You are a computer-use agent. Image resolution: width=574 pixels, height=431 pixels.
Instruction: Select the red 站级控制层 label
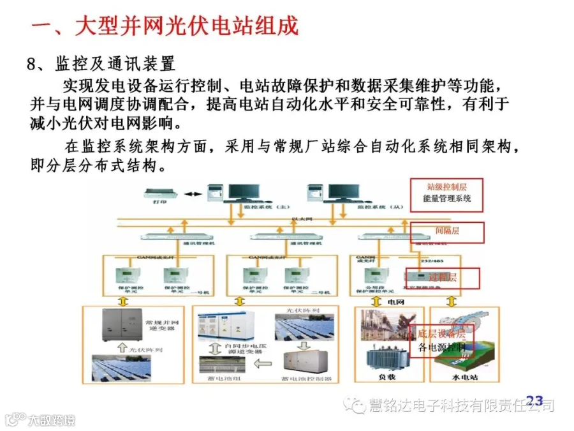[x=446, y=187]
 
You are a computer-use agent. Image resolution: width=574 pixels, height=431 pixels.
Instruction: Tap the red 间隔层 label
[x=446, y=231]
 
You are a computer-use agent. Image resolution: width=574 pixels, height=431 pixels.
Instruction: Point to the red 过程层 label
[x=445, y=277]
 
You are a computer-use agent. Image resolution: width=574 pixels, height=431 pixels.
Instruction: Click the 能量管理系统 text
[x=446, y=199]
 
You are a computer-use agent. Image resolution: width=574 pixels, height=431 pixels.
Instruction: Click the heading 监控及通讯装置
[x=115, y=64]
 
